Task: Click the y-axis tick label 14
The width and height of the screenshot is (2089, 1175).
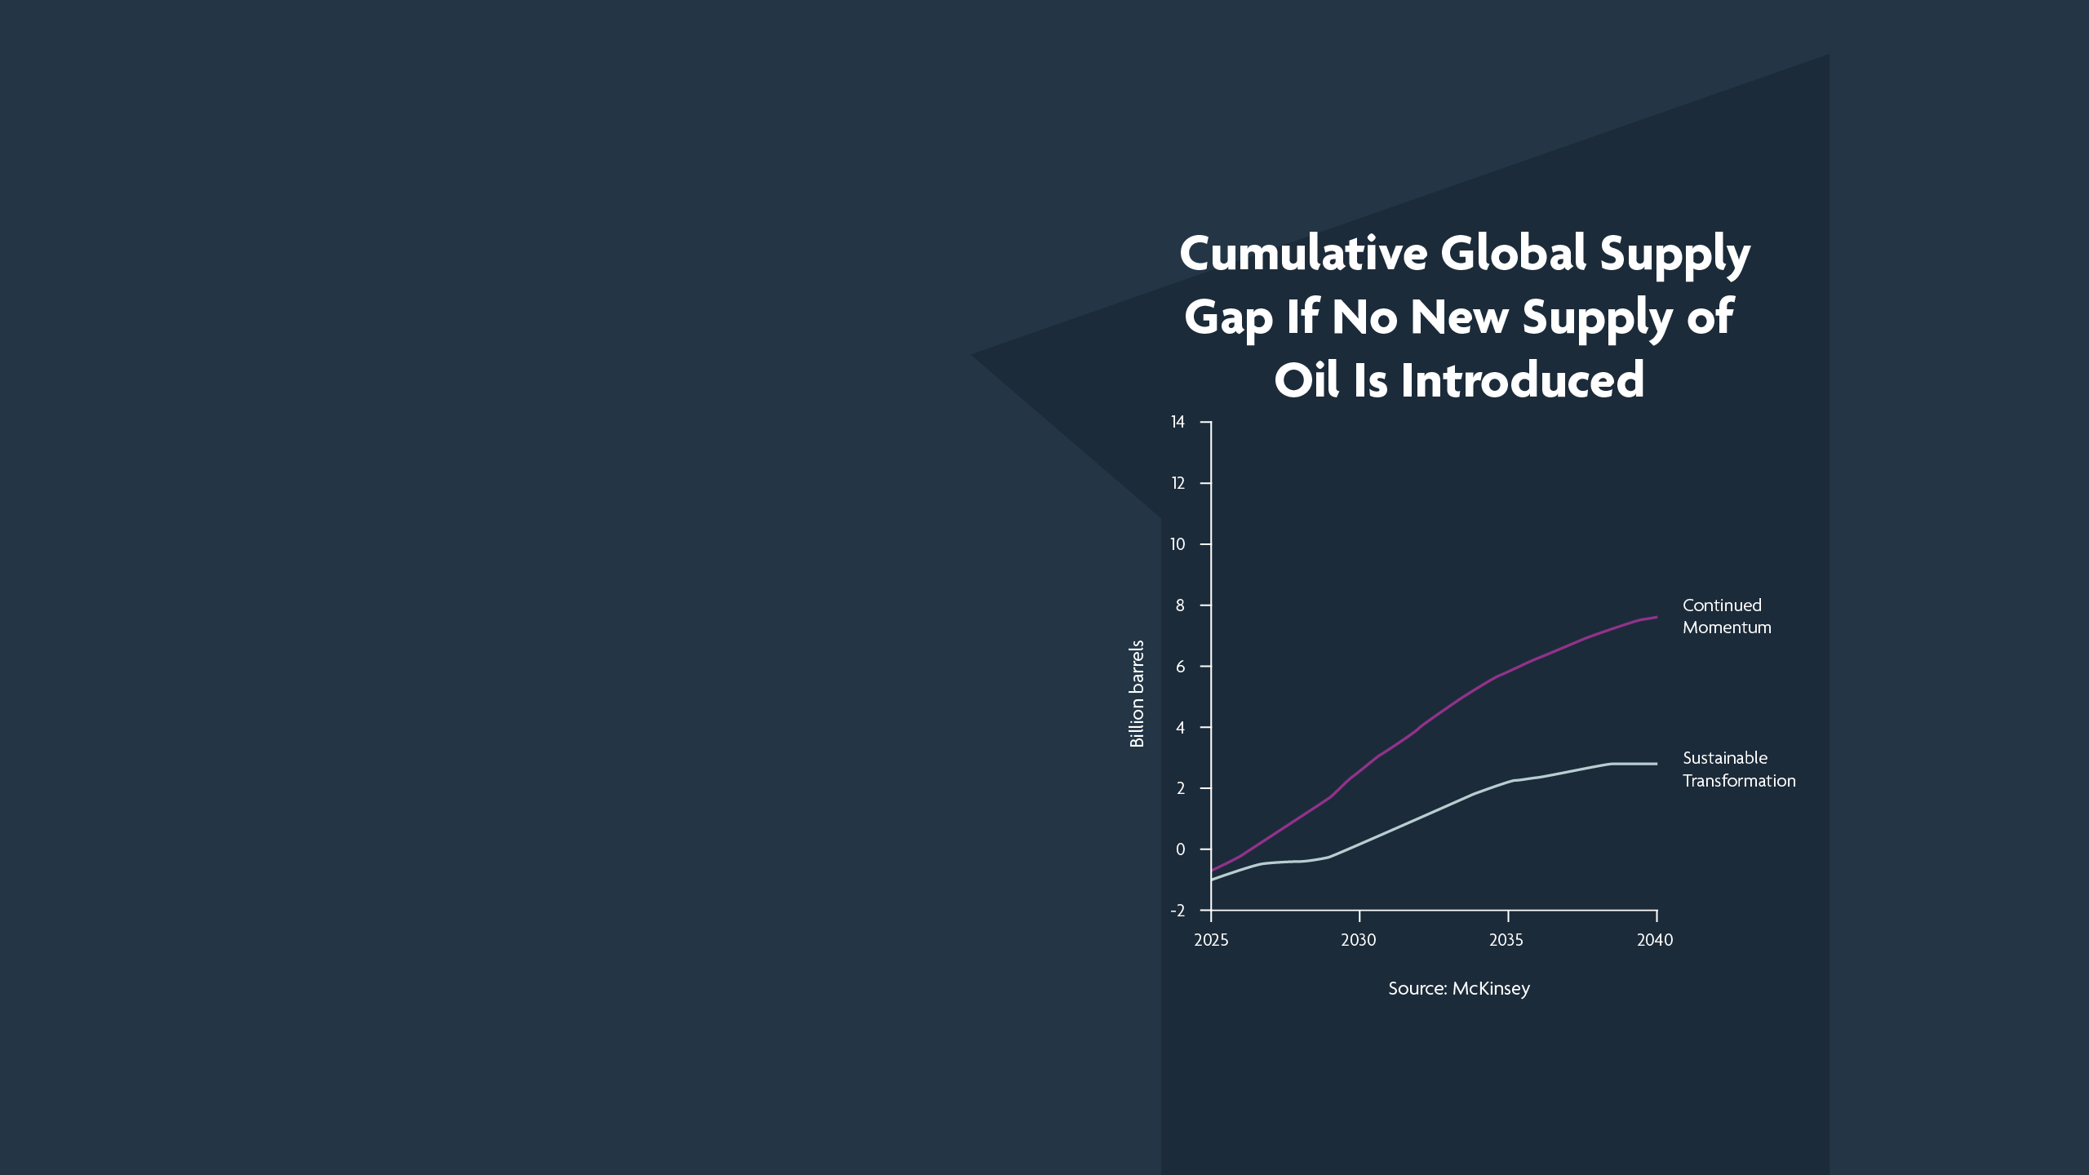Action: (1178, 422)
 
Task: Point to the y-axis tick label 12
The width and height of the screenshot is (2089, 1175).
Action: (1178, 483)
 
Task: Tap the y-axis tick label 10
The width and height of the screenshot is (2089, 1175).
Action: (1178, 544)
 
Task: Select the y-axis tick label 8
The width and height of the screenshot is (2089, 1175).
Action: (1180, 605)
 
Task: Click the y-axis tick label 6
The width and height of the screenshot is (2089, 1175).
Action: (1180, 667)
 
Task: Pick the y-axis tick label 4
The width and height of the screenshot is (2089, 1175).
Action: (1180, 728)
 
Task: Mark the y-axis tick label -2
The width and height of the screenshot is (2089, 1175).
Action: (1178, 911)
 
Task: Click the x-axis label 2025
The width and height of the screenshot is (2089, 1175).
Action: (1211, 940)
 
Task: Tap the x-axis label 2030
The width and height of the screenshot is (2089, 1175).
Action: (1359, 940)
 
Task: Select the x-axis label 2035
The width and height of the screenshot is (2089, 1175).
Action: (1506, 940)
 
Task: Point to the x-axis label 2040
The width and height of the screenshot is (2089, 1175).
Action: (1655, 940)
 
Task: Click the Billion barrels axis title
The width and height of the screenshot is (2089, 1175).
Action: (1137, 694)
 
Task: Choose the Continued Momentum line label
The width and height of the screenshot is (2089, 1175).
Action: (1727, 616)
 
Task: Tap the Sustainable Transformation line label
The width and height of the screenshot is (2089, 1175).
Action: (1739, 769)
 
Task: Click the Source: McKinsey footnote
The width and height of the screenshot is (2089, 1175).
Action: (1459, 989)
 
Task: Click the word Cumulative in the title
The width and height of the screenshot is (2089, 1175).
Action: (1303, 253)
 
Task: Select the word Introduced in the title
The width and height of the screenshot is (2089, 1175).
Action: (1523, 380)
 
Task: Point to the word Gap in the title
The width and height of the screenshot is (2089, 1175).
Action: (1228, 318)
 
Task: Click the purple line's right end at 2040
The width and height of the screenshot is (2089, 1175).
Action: (1657, 617)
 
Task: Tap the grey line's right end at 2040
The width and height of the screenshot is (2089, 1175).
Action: (1657, 764)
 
